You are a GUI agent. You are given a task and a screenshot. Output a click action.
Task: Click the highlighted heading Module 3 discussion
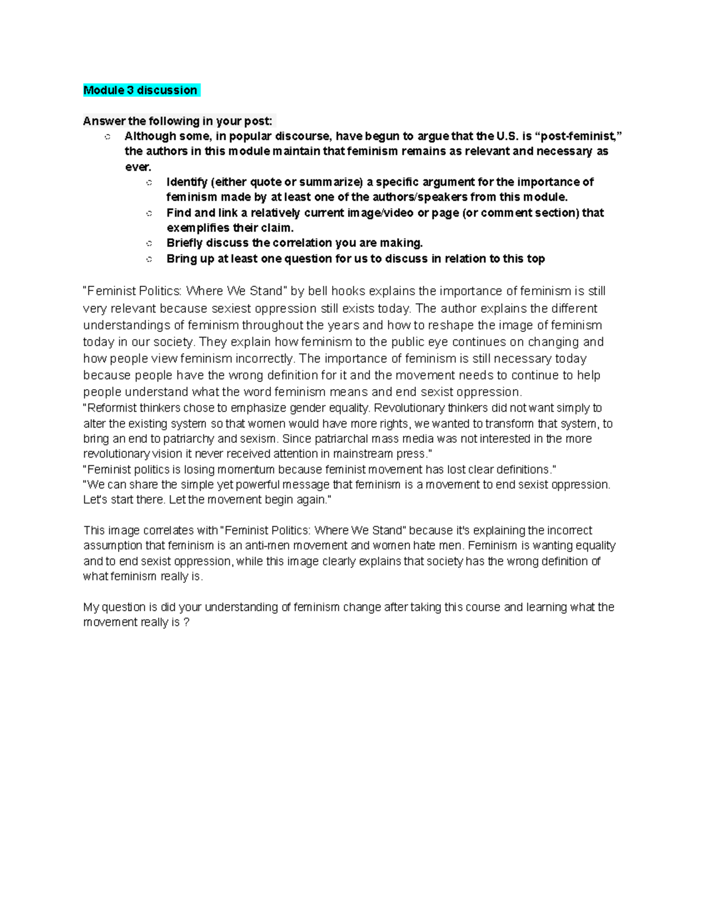[140, 90]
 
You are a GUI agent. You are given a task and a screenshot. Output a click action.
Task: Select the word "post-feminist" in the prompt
[581, 136]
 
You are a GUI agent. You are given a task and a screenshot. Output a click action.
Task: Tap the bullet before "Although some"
[107, 137]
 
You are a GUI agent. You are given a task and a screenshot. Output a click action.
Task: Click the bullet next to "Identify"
[149, 182]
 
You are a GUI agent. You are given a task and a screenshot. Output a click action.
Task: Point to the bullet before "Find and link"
[149, 213]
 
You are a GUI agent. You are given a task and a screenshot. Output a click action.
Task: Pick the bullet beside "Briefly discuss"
[149, 243]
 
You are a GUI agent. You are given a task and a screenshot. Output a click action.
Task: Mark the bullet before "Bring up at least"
[149, 259]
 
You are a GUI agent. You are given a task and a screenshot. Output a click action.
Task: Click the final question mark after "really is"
[186, 622]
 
